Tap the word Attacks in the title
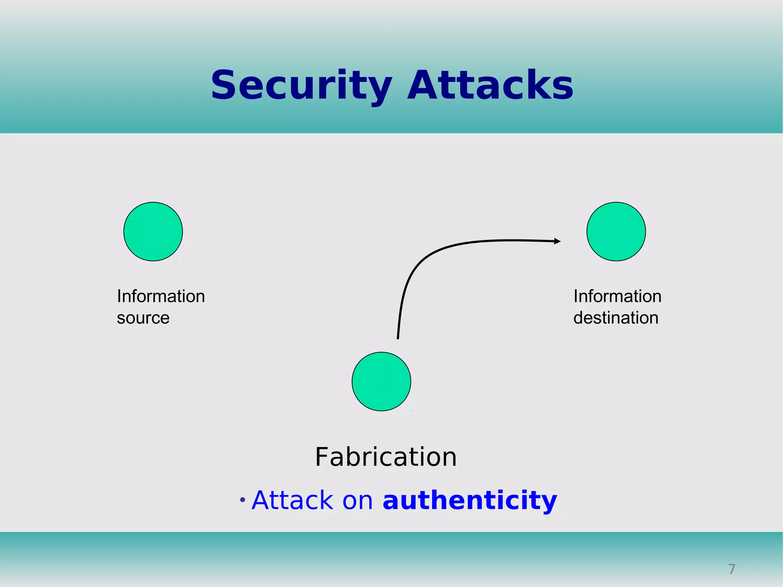[x=490, y=85]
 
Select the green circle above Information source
[x=153, y=232]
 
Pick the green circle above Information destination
[x=616, y=232]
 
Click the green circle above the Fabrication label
[x=381, y=382]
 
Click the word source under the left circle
[x=143, y=318]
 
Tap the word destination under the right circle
[x=616, y=318]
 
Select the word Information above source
[x=161, y=296]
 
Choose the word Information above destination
[x=617, y=296]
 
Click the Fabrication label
[x=386, y=457]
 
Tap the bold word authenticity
[x=470, y=500]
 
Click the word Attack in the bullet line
[x=292, y=500]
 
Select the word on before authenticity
[x=357, y=501]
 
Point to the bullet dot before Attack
[x=242, y=500]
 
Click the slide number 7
[x=732, y=569]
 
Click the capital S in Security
[x=224, y=85]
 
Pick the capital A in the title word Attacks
[x=421, y=85]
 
